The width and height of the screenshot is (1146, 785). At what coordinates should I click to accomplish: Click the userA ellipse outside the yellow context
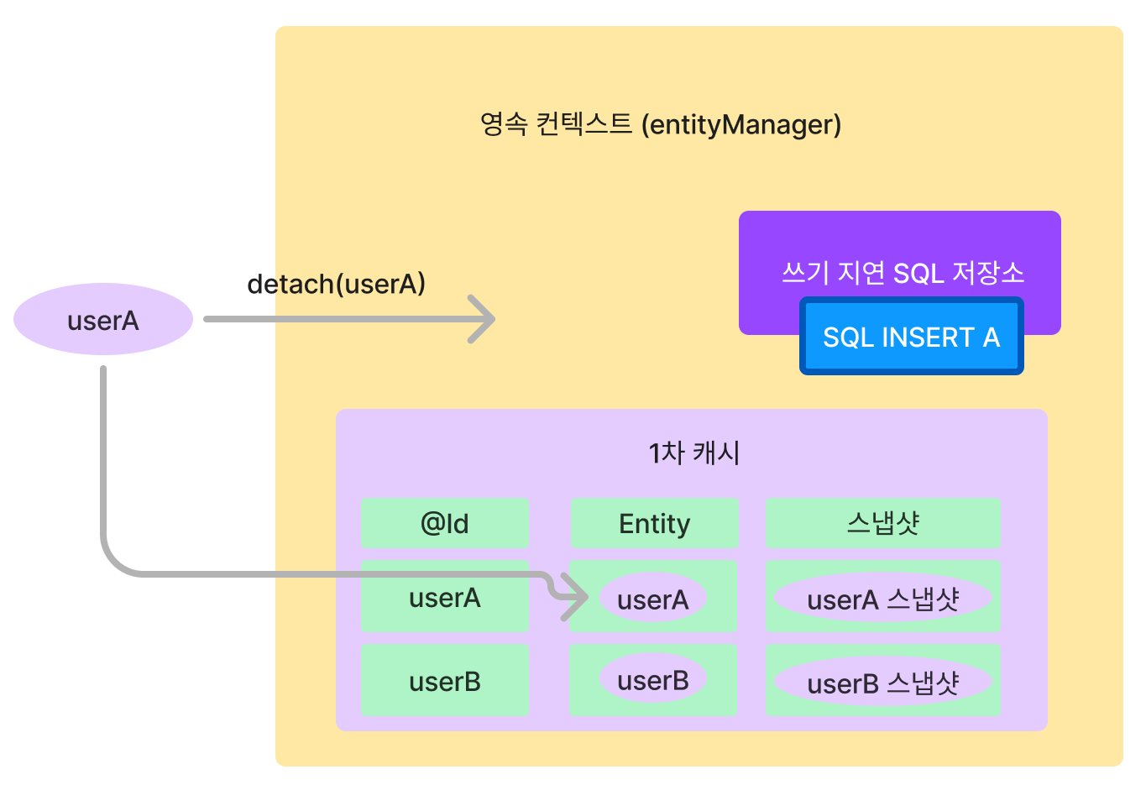[103, 320]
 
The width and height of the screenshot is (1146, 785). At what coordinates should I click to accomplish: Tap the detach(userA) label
[336, 284]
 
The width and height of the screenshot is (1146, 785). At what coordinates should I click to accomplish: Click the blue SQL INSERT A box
[911, 337]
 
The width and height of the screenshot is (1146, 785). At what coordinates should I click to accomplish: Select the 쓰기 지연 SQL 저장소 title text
[903, 272]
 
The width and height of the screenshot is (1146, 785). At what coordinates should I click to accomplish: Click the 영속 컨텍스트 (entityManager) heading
[660, 124]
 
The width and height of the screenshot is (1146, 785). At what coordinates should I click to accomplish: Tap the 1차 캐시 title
[693, 453]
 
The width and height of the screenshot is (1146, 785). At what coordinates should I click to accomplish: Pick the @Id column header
[444, 523]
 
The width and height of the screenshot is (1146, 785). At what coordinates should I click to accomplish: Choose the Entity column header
[654, 523]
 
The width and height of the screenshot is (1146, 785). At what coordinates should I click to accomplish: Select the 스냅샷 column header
[882, 523]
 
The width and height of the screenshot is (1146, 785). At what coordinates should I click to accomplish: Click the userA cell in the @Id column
[444, 597]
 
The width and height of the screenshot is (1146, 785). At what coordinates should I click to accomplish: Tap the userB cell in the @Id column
[444, 681]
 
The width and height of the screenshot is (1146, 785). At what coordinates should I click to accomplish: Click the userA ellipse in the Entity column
[652, 599]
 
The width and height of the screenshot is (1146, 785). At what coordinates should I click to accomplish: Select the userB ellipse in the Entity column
[652, 680]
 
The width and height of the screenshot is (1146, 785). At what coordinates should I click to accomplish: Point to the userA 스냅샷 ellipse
[882, 599]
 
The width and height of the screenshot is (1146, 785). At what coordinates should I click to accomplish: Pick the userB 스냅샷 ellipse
[882, 683]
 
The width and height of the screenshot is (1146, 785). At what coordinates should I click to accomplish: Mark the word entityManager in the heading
[741, 124]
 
